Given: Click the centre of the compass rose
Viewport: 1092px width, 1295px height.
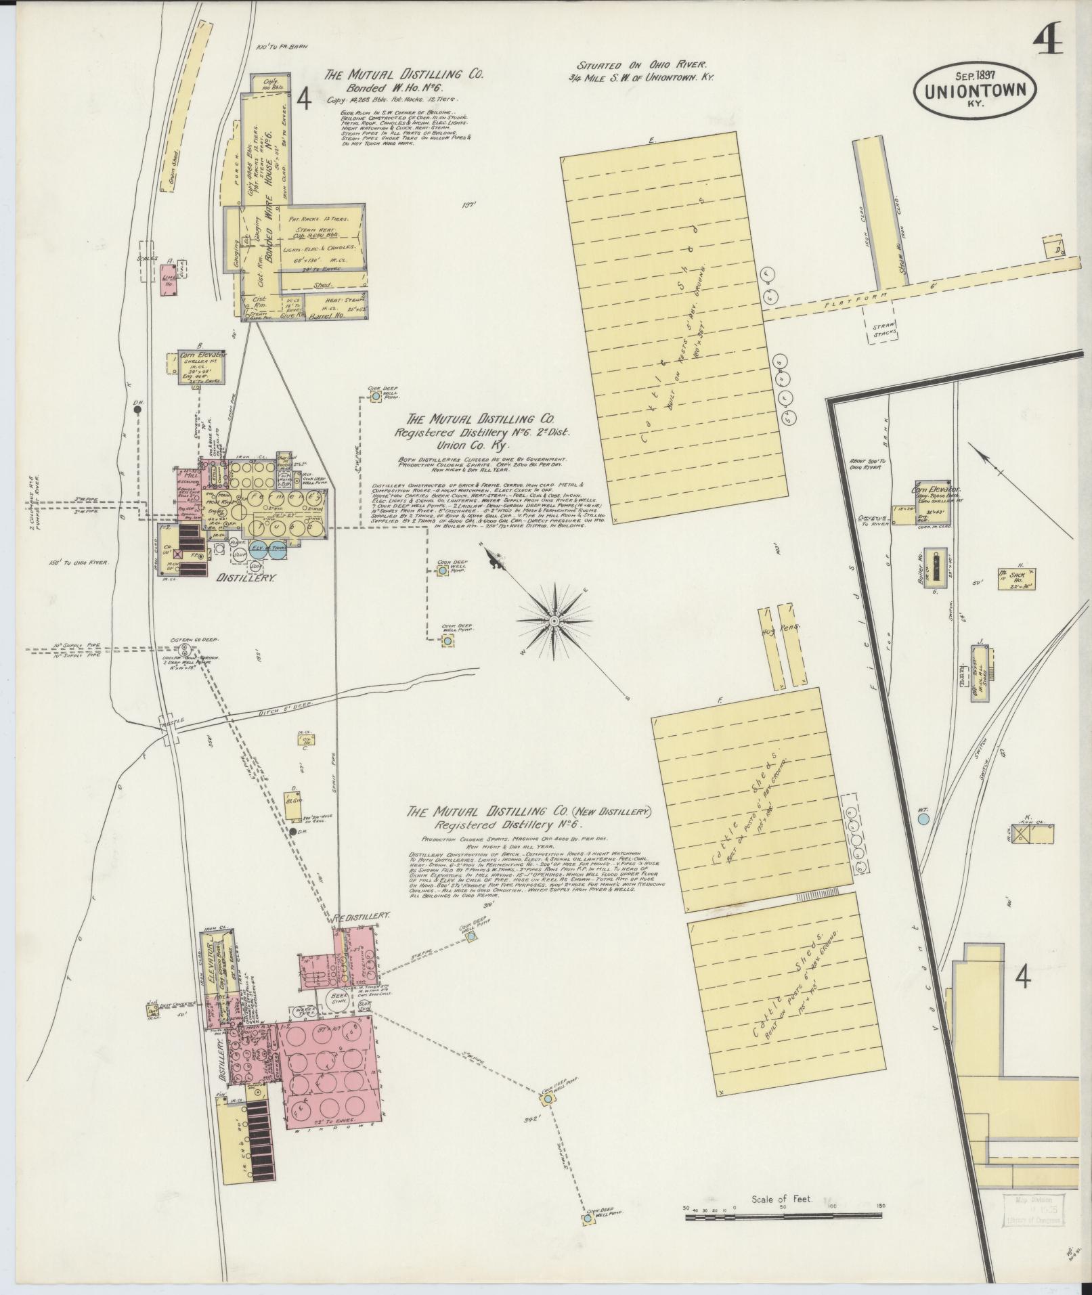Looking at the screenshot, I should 554,620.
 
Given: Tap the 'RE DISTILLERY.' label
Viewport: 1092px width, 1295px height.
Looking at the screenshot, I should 361,916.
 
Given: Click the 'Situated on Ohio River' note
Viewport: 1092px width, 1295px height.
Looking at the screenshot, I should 641,66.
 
